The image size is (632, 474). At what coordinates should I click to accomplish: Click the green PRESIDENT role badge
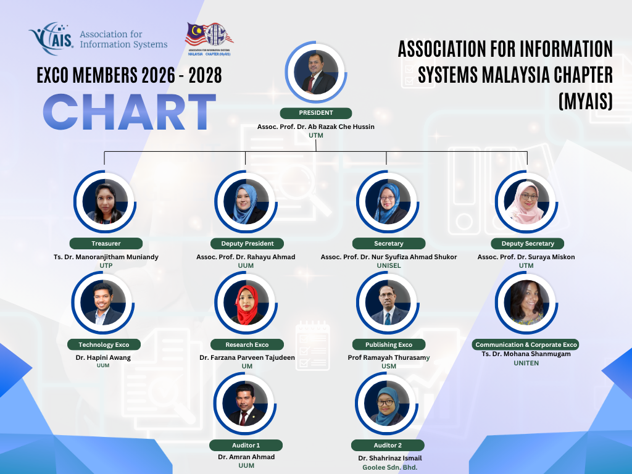click(x=316, y=114)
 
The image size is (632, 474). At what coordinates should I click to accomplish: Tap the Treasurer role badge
click(x=106, y=243)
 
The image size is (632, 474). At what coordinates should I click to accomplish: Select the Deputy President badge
click(x=247, y=243)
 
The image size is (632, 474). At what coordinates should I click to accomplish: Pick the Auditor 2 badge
click(x=388, y=446)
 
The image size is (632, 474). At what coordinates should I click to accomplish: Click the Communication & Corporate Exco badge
click(x=526, y=344)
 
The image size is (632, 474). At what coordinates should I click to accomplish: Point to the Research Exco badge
click(x=247, y=344)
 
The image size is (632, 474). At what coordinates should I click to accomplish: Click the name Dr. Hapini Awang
click(x=103, y=357)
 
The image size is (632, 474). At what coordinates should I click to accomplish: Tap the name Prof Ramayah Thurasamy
click(x=389, y=357)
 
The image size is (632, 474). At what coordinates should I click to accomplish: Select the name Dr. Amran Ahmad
click(x=246, y=457)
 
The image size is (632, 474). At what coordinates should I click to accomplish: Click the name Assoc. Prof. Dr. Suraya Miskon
click(x=526, y=257)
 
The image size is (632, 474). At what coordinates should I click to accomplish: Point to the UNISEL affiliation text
click(x=389, y=265)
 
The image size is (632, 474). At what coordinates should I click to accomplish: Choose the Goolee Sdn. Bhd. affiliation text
click(x=390, y=468)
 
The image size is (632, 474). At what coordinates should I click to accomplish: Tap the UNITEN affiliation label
click(x=526, y=363)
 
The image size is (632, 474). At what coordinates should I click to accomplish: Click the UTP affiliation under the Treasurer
click(x=106, y=265)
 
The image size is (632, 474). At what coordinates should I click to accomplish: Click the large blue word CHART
click(x=130, y=112)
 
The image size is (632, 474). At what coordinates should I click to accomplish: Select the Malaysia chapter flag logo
click(x=209, y=39)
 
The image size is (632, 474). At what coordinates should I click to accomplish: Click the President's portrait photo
click(x=316, y=72)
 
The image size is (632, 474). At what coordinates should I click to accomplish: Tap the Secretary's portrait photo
click(x=388, y=202)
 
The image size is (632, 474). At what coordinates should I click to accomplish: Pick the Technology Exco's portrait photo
click(x=103, y=302)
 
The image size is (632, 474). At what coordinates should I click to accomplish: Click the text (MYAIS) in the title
click(x=586, y=101)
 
